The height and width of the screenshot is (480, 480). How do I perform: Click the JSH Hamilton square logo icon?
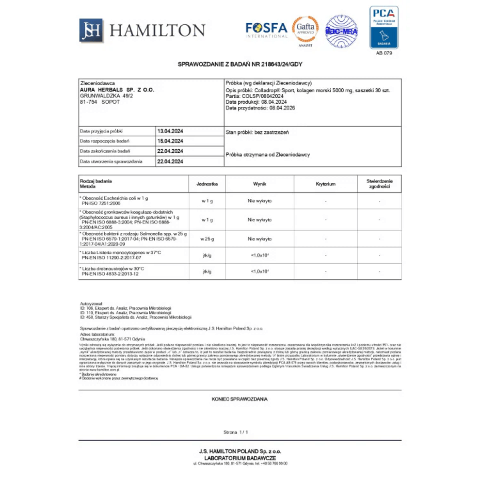(91, 30)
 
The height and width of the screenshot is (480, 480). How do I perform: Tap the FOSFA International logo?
(266, 30)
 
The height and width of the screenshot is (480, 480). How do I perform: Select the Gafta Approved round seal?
(305, 30)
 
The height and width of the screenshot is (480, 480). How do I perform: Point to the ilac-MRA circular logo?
(341, 31)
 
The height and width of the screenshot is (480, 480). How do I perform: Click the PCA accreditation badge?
(384, 27)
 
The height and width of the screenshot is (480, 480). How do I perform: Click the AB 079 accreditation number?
(384, 53)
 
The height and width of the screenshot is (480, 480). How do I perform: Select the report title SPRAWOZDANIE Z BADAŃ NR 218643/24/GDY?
(240, 64)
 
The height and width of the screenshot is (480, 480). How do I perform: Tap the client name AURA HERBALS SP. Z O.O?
(117, 90)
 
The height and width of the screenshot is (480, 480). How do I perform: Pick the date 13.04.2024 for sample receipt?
(170, 131)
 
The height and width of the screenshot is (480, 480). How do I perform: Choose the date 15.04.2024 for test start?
(170, 141)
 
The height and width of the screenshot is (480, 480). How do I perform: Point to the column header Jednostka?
(207, 184)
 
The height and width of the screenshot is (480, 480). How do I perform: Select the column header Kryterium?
(326, 184)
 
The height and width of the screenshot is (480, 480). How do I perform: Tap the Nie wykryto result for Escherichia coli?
(260, 201)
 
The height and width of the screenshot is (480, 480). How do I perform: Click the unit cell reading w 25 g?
(207, 239)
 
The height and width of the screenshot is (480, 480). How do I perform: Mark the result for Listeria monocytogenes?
(260, 255)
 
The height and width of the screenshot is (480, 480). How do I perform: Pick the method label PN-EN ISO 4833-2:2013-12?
(110, 274)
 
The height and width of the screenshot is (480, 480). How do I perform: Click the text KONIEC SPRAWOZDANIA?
(240, 399)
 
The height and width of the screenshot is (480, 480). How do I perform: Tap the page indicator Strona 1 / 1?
(236, 432)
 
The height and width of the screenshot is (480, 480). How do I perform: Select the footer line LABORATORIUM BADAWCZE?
(240, 458)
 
